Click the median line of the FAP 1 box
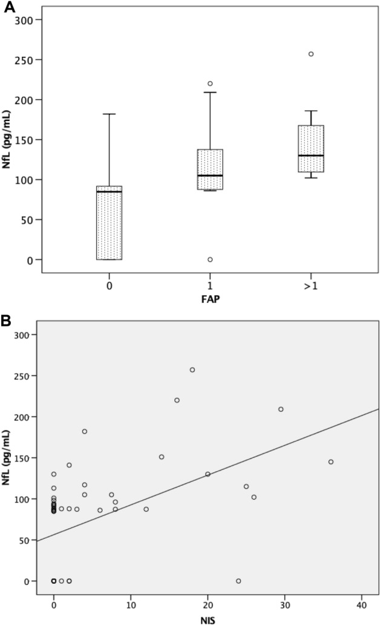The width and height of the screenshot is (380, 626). [210, 175]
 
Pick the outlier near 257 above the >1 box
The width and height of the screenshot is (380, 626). [311, 54]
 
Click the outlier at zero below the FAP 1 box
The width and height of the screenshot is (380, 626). [210, 259]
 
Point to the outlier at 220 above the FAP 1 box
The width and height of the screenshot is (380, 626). [210, 83]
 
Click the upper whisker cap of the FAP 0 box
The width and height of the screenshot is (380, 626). [110, 114]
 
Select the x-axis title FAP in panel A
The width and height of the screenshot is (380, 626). [210, 298]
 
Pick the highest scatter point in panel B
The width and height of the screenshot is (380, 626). [192, 370]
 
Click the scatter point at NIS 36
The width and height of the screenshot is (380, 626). [331, 461]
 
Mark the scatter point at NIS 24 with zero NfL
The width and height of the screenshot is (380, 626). [238, 581]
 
